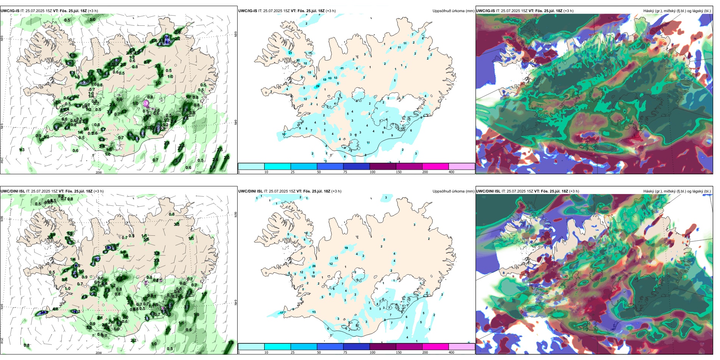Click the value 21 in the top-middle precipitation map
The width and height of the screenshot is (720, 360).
[290, 53]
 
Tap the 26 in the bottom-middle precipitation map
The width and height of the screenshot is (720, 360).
[314, 266]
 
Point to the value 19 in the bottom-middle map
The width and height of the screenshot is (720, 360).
[346, 248]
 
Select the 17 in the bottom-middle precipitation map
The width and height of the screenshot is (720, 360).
[282, 313]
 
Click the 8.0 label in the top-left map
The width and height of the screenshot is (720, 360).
[116, 60]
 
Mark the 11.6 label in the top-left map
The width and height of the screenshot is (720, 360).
[167, 43]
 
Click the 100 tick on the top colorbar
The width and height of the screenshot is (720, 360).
[373, 172]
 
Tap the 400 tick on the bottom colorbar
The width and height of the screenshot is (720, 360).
[451, 352]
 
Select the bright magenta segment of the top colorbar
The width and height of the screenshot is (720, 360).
[435, 166]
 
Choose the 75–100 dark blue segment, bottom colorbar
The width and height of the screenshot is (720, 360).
[356, 347]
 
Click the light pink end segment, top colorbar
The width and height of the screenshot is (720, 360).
[462, 166]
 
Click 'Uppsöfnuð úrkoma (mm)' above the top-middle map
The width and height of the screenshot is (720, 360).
[453, 11]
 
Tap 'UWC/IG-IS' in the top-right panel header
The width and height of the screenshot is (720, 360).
[485, 11]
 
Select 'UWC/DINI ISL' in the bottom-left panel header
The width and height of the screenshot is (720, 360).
[13, 191]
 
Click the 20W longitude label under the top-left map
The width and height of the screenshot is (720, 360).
[99, 172]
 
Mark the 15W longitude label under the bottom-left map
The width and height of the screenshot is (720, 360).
[198, 353]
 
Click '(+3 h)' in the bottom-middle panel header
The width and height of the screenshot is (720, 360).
[336, 191]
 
